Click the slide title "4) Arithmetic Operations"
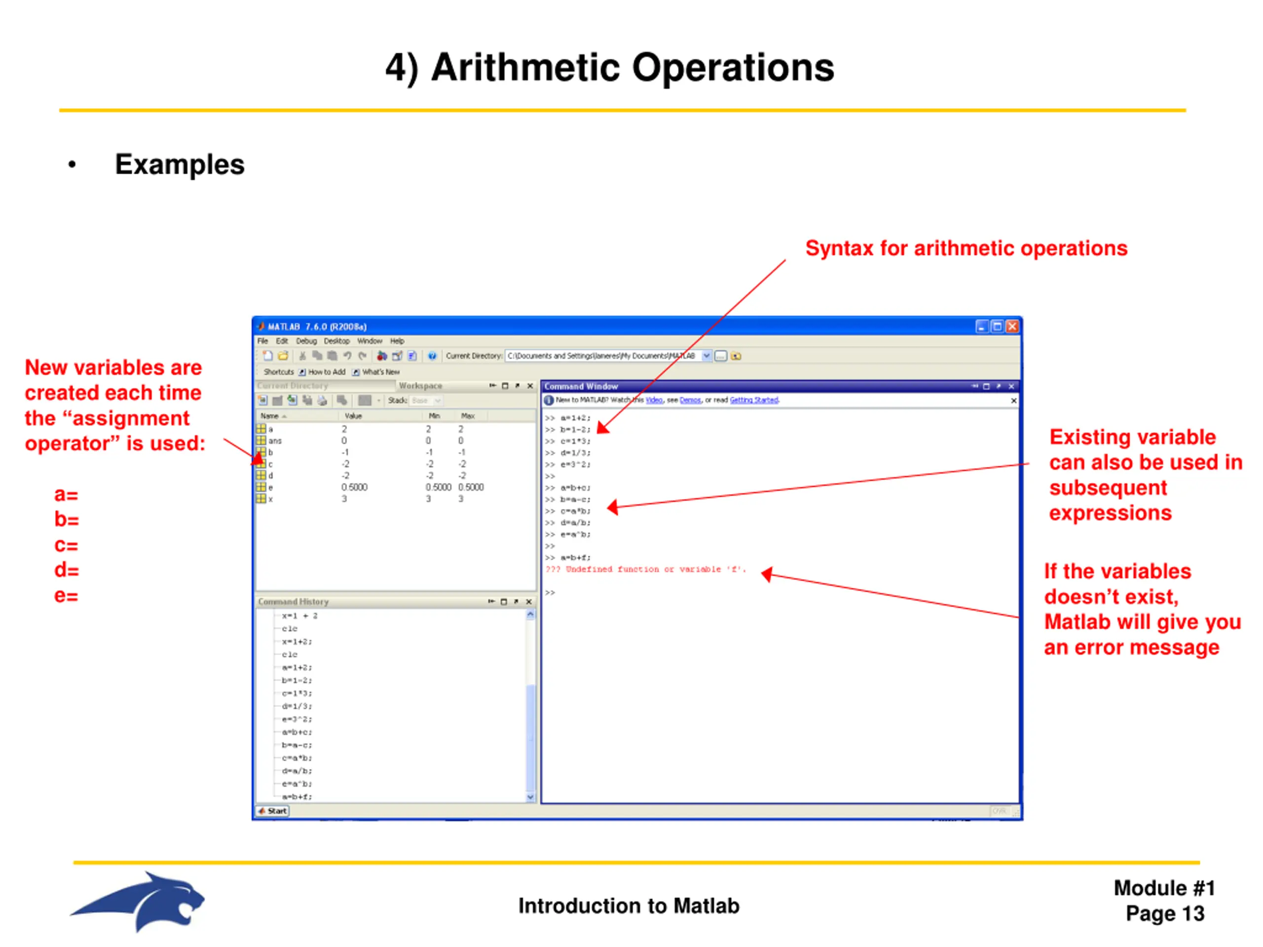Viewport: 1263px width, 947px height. pos(609,68)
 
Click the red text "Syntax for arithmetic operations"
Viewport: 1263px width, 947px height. pos(966,248)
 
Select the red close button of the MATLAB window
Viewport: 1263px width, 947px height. pos(1012,326)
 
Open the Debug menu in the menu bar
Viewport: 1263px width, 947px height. pos(306,341)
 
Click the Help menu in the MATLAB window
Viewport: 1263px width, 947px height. pos(397,341)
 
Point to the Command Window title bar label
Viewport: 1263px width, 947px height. pos(581,387)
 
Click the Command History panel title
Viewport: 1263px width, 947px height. pos(293,602)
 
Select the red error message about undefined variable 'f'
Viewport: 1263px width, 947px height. pos(645,569)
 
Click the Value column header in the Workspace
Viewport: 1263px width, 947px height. pos(353,416)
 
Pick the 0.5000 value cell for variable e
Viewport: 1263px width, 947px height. pos(354,487)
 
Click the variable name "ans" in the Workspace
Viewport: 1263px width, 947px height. pos(275,440)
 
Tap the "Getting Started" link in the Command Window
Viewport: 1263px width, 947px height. pos(754,400)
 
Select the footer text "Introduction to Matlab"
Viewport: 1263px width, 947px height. pos(629,906)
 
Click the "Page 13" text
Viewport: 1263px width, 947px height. pos(1165,913)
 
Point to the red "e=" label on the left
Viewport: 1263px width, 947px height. pos(66,595)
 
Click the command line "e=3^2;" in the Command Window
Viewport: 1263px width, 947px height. pos(575,465)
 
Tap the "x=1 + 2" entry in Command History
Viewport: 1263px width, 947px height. pos(299,616)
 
